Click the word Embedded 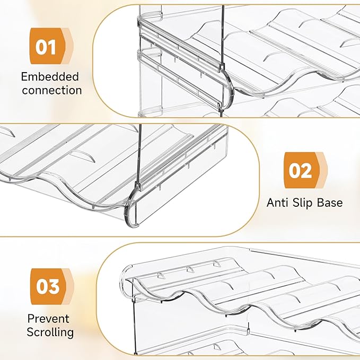coord(50,77)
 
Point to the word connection coord(52,90)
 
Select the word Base coord(330,203)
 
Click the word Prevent coord(48,319)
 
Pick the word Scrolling coord(50,332)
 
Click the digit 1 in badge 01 coord(55,47)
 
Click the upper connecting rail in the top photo coord(180,33)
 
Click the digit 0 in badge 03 coord(43,287)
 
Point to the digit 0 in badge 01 coord(43,47)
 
